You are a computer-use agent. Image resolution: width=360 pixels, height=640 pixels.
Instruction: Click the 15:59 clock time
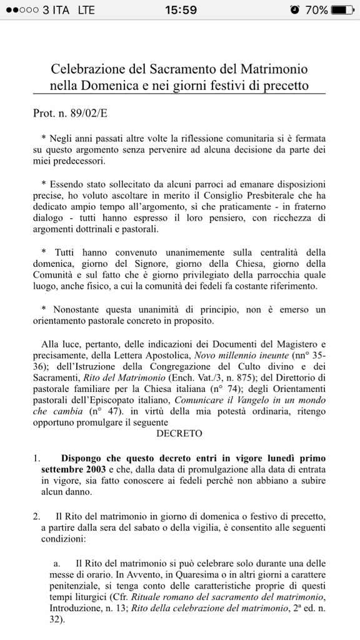coord(180,10)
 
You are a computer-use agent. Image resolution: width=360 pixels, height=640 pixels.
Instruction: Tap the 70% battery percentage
coord(316,10)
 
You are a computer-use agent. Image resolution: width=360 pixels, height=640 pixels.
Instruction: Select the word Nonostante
coord(77,309)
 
